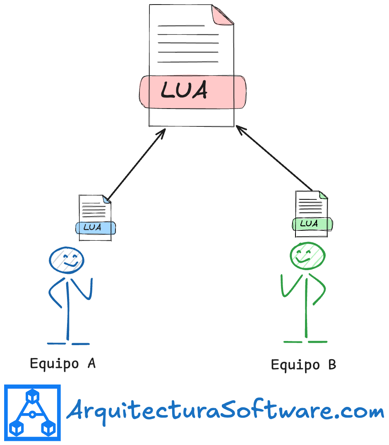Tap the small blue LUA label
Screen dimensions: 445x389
coord(95,228)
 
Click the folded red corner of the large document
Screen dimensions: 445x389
coord(222,15)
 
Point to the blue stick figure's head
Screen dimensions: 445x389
coord(66,259)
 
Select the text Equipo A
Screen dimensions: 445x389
coord(63,364)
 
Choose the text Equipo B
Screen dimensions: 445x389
coord(303,365)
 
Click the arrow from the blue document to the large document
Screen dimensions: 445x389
coord(135,164)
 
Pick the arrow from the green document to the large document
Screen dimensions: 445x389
coord(274,159)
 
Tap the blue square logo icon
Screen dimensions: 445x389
coord(32,412)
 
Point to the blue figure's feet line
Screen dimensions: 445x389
coord(68,343)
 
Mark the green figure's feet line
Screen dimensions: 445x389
coord(305,342)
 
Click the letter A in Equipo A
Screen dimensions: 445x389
coord(91,363)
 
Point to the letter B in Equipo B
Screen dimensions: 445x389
coord(331,365)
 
